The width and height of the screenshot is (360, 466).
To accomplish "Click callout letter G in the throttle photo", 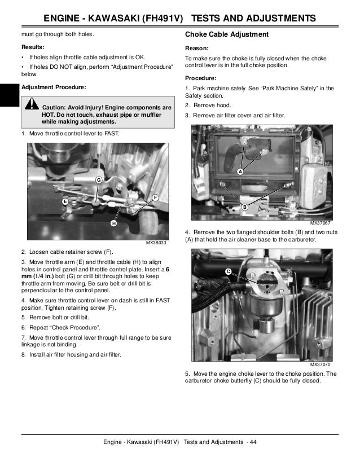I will [98, 179].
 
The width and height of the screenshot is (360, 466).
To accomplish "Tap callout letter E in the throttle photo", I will [65, 201].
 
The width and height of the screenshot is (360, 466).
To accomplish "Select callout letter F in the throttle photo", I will [155, 197].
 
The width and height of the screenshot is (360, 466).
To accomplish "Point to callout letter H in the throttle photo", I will [113, 224].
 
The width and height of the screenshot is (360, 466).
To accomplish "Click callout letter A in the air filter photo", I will [240, 171].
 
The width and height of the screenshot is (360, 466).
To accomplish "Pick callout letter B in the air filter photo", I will [245, 208].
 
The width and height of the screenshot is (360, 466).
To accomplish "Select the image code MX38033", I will [156, 243].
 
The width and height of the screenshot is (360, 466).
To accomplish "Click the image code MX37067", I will [320, 223].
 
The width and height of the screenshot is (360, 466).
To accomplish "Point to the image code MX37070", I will [320, 364].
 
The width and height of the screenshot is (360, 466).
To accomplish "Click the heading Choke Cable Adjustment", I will [227, 35].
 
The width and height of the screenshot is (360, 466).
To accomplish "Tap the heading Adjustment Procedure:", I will [54, 88].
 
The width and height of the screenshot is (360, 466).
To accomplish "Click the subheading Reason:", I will [197, 49].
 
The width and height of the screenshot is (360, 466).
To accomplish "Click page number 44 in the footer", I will [252, 441].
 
